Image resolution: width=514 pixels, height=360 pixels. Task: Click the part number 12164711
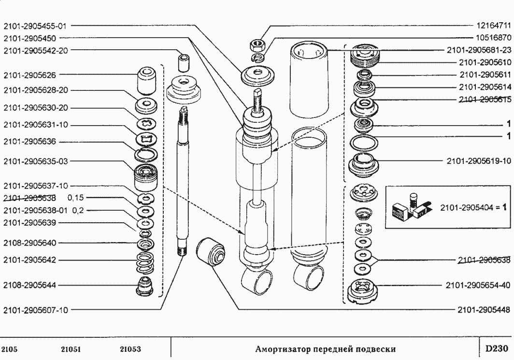click(x=491, y=25)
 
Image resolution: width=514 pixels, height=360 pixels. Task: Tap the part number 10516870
click(x=491, y=37)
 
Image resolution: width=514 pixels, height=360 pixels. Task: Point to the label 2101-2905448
click(x=484, y=309)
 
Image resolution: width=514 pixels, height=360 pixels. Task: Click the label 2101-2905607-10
click(x=37, y=310)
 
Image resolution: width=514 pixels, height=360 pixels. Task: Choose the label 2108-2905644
click(x=30, y=285)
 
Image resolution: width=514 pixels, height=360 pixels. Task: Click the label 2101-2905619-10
click(x=478, y=161)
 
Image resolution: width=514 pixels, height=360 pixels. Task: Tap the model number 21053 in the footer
click(x=130, y=349)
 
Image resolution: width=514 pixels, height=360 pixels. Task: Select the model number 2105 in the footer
click(x=9, y=349)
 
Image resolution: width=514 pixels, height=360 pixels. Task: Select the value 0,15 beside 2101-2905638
click(x=76, y=198)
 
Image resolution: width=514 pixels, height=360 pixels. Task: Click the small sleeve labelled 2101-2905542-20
click(x=184, y=62)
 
